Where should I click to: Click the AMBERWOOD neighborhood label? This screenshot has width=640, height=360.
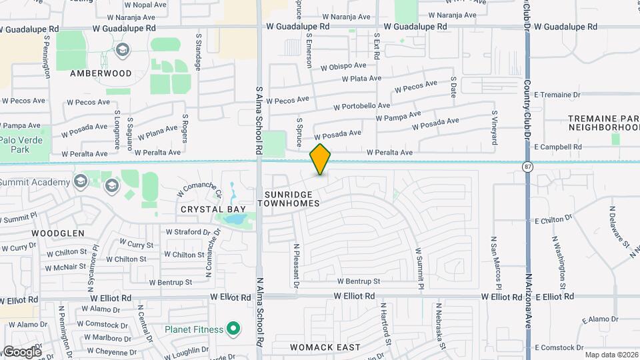pyautogui.click(x=100, y=73)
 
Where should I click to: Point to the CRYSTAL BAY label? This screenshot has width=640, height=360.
pyautogui.click(x=213, y=209)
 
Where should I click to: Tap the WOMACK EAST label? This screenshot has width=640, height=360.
pyautogui.click(x=325, y=347)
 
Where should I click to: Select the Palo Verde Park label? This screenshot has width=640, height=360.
pyautogui.click(x=21, y=145)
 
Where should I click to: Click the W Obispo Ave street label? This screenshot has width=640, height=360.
pyautogui.click(x=343, y=66)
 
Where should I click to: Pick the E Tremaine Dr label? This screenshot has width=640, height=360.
pyautogui.click(x=558, y=95)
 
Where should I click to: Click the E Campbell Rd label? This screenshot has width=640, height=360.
pyautogui.click(x=558, y=147)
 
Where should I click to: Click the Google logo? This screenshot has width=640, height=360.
pyautogui.click(x=21, y=351)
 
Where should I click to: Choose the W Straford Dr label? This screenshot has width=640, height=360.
pyautogui.click(x=193, y=232)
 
